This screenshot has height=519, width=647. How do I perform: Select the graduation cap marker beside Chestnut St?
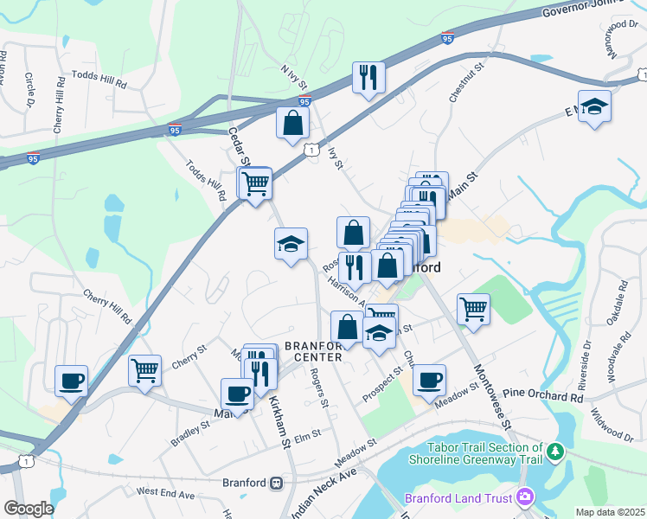tap(594, 107)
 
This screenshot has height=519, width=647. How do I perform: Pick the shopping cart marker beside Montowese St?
tap(473, 309)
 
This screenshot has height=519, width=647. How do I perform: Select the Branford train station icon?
tap(277, 483)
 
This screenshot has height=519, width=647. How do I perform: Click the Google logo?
tap(29, 509)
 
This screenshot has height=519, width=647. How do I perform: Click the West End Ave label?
tap(166, 492)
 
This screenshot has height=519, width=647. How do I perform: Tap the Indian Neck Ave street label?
tap(323, 493)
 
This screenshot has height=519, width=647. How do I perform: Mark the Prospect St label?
tap(384, 379)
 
